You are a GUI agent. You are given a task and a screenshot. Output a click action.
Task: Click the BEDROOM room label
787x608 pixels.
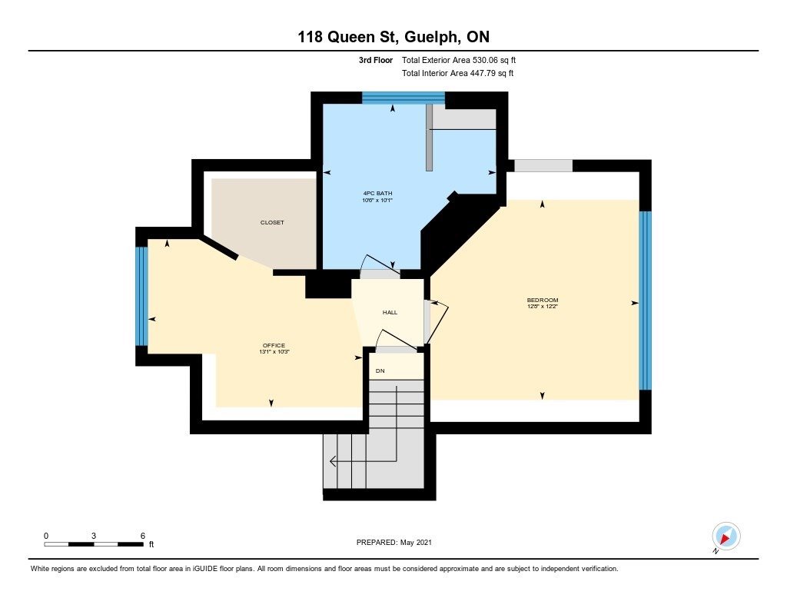543,301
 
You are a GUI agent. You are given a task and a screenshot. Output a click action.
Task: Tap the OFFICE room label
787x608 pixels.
274,345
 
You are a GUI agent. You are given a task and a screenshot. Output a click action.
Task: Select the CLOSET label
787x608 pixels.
272,222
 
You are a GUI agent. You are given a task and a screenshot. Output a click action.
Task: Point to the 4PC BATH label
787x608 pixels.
377,193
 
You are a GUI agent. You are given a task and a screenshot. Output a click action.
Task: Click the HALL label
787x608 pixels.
390,312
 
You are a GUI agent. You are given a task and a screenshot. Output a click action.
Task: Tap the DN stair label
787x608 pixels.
380,371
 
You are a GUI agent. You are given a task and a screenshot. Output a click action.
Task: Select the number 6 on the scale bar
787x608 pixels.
143,536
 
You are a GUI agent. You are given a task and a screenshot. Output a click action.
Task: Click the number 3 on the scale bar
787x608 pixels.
94,536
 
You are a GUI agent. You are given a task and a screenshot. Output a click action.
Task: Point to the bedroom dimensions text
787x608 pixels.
543,306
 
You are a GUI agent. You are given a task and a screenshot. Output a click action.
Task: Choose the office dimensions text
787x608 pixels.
274,352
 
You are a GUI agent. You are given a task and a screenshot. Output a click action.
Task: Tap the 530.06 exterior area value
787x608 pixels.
486,60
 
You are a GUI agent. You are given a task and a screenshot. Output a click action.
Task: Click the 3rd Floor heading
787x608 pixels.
375,60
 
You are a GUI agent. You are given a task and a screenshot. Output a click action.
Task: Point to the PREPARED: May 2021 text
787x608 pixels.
394,542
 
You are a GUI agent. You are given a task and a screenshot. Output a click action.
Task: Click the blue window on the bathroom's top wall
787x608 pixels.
403,98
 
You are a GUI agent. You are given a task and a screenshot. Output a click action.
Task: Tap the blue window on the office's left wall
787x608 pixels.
142,296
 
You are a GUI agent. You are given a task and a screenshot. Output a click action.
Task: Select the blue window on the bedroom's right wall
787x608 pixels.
645,301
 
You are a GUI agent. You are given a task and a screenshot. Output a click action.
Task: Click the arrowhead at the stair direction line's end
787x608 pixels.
332,461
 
